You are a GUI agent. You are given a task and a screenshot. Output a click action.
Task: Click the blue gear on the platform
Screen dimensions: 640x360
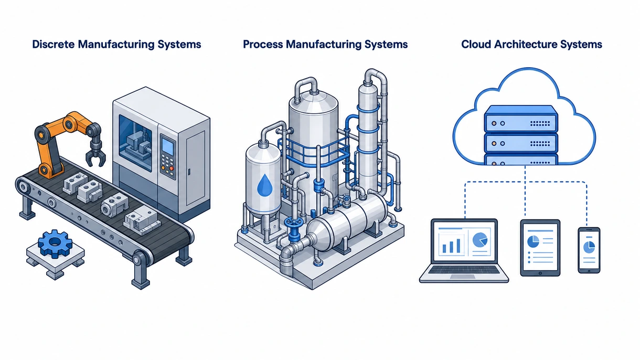point(55,243)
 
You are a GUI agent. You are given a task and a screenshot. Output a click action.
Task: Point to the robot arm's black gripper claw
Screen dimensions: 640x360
point(95,152)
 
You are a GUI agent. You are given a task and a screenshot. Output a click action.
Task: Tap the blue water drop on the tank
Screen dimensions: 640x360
point(264,185)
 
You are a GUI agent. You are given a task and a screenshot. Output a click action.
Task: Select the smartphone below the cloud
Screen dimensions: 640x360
point(589,250)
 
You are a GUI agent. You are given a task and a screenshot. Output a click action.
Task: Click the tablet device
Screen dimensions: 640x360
point(540,248)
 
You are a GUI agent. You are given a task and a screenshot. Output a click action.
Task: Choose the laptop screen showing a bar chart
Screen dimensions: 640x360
point(464,242)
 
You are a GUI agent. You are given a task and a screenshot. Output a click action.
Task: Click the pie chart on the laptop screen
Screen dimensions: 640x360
point(479,240)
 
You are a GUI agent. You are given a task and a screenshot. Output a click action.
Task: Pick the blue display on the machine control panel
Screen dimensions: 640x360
point(168,147)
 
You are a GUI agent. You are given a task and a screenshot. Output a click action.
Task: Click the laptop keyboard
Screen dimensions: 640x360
point(463,270)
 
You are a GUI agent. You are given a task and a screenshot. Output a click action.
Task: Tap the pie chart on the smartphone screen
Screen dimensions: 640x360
point(589,247)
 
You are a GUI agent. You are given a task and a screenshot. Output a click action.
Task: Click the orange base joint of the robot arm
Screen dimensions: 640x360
point(44,170)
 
